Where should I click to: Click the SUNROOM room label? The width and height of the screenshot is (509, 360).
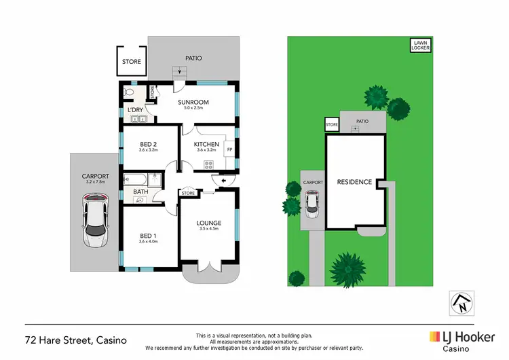point(193,103)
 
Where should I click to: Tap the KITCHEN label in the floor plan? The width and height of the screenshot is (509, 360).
point(206,145)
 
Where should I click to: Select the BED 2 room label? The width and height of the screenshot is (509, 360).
point(149,145)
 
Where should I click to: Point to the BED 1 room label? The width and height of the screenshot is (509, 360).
point(147,236)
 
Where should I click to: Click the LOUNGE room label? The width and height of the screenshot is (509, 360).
point(209,223)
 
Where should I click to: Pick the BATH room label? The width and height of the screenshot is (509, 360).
point(140,192)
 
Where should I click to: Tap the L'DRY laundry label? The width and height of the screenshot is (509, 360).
point(135,110)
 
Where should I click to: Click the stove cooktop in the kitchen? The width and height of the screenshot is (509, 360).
point(208,164)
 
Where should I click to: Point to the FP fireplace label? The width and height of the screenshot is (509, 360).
point(229,149)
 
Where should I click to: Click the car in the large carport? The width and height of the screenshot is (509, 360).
point(95,219)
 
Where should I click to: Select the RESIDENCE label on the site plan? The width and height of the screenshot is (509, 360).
point(354,182)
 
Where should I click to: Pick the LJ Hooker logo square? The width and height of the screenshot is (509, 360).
point(434,336)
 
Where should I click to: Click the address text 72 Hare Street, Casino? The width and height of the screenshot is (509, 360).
point(75,339)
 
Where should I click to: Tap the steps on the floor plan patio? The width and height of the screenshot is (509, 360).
point(180,72)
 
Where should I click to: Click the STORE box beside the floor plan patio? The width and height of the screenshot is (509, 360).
point(132,61)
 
